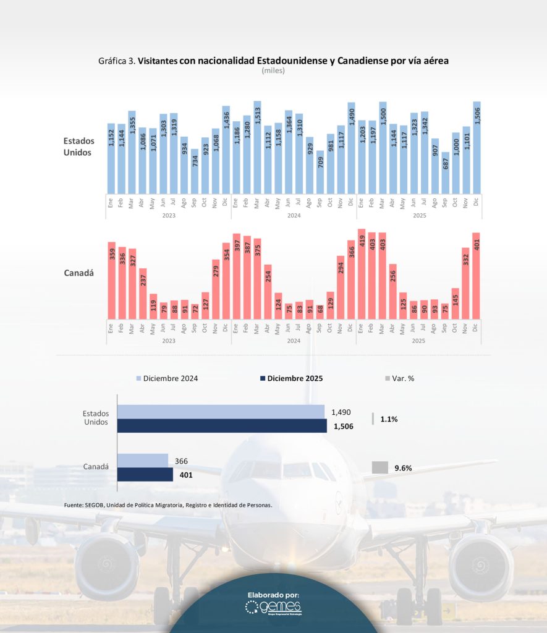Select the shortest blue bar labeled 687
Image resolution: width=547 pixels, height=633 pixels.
[445, 172]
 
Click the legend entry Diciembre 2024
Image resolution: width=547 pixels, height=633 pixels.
[167, 378]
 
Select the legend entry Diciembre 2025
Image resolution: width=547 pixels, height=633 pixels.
[290, 378]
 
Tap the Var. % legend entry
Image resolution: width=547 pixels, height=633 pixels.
[399, 378]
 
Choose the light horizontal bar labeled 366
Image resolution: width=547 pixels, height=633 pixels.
[142, 461]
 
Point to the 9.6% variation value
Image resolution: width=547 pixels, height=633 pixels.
[403, 468]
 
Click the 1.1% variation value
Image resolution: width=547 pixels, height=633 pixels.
[389, 419]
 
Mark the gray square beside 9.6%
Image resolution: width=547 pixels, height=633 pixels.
[380, 468]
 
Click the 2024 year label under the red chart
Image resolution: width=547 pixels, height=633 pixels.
[294, 341]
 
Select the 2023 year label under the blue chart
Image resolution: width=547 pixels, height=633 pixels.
[169, 215]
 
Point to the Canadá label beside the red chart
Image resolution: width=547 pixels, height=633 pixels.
[79, 273]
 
